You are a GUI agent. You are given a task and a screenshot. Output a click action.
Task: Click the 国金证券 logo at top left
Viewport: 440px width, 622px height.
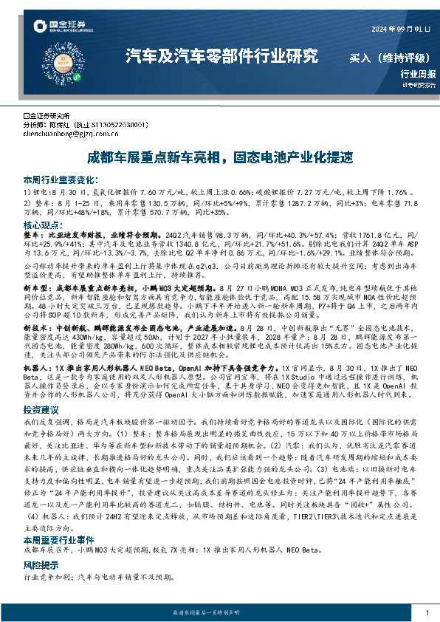pos(54,28)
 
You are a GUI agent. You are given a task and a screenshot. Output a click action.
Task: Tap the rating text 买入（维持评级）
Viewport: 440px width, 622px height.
pos(391,56)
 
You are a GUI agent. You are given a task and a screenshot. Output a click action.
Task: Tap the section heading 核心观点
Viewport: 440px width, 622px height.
pos(43,225)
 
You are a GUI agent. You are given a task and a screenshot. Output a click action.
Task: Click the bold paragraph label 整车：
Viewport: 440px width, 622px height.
pos(34,235)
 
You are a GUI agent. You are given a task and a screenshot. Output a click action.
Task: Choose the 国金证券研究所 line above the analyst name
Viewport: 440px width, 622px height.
pos(47,117)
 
